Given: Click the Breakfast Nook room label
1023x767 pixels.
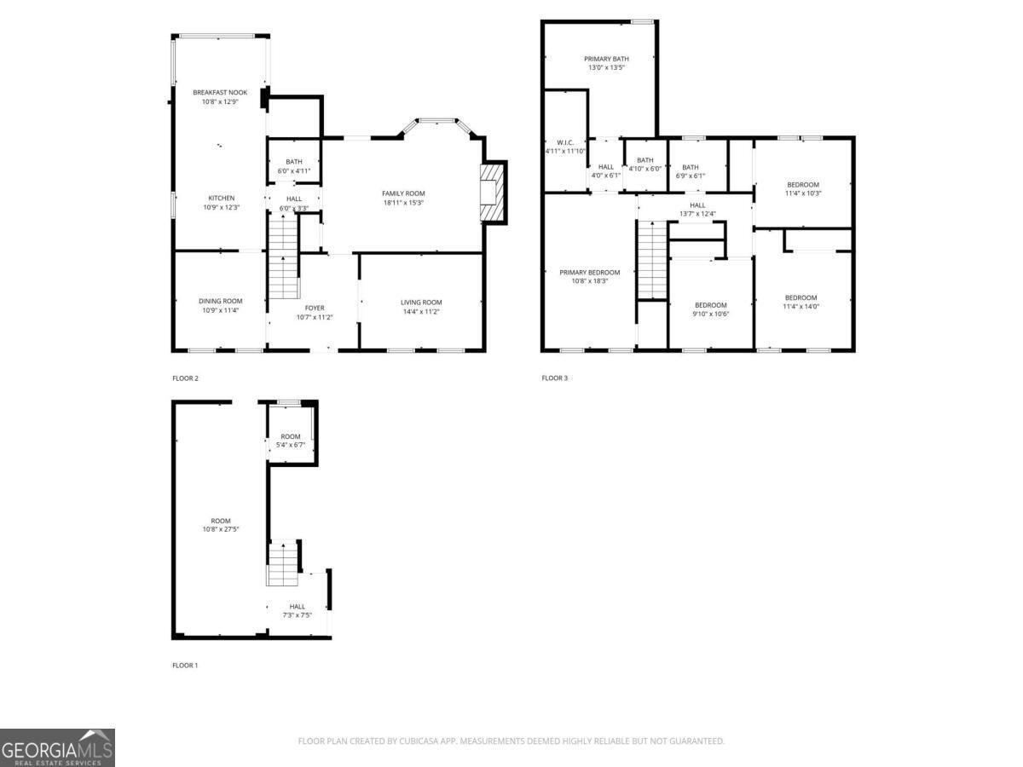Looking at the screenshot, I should pyautogui.click(x=220, y=92).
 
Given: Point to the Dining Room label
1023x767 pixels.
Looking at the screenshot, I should pyautogui.click(x=221, y=301).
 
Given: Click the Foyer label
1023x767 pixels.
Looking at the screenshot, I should pyautogui.click(x=315, y=308).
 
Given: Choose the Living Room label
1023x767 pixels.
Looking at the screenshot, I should pyautogui.click(x=421, y=302).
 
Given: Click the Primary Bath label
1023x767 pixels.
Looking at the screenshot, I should pyautogui.click(x=606, y=59).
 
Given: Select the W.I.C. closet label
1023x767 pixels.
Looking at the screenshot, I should pyautogui.click(x=565, y=142).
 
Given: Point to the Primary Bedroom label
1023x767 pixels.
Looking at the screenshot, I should pyautogui.click(x=589, y=273).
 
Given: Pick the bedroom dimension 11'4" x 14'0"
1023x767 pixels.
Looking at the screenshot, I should pyautogui.click(x=801, y=307).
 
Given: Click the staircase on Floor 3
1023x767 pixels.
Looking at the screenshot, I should pyautogui.click(x=652, y=260).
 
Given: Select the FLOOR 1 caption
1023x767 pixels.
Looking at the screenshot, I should pyautogui.click(x=185, y=666).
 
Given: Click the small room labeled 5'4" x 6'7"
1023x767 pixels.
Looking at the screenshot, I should pyautogui.click(x=291, y=441).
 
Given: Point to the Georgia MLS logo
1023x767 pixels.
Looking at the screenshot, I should pyautogui.click(x=57, y=747).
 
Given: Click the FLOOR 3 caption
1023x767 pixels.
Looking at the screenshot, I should pyautogui.click(x=554, y=378).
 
